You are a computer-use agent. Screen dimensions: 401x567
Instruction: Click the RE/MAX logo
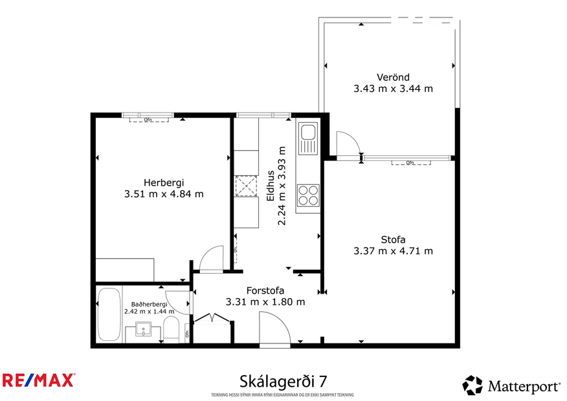pos(39,380)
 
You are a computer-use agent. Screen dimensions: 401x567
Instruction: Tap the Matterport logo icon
pos(472,385)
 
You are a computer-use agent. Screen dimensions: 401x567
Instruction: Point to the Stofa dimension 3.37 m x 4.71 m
pos(393,251)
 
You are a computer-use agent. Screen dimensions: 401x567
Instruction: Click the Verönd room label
pos(393,77)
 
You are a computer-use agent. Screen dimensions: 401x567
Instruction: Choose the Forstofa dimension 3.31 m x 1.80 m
pos(265,301)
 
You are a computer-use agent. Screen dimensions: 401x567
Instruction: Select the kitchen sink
pos(308,138)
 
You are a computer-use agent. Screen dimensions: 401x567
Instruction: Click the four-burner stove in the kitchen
pos(308,195)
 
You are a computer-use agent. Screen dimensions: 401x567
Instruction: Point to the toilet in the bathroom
pos(171,330)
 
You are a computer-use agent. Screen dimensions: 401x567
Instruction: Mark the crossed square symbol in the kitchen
pos(246,186)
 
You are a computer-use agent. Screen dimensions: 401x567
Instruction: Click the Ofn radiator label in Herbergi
pos(148,120)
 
